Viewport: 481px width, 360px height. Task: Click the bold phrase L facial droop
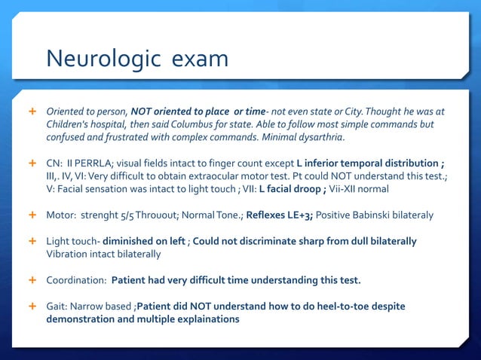pos(293,189)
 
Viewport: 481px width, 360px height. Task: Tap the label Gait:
pos(58,306)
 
